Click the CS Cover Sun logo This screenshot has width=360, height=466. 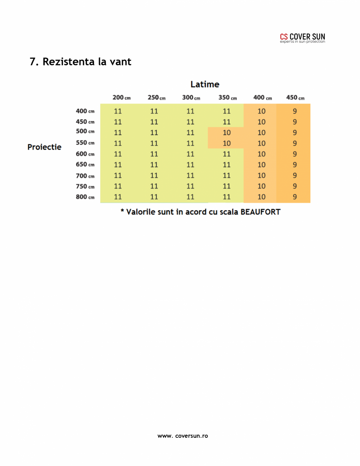[x=302, y=38]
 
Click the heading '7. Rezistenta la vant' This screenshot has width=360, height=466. [x=80, y=62]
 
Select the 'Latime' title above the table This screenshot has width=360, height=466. [x=204, y=84]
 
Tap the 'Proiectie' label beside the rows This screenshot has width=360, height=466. [x=44, y=147]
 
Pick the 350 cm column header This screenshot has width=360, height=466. [x=227, y=98]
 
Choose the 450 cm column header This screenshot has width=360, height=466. [x=295, y=98]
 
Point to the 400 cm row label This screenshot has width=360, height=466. [x=85, y=111]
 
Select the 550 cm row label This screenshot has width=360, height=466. [x=85, y=143]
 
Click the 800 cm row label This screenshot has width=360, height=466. [x=85, y=197]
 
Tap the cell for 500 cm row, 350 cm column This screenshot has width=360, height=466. [x=227, y=133]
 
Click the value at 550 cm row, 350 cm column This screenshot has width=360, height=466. [x=227, y=143]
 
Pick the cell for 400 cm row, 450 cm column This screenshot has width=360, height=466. [x=295, y=111]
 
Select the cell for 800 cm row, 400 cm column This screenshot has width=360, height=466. [x=261, y=197]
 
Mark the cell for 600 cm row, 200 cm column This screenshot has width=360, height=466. [x=118, y=154]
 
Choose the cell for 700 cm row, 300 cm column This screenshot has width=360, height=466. [x=190, y=175]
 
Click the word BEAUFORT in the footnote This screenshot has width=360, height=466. [x=260, y=212]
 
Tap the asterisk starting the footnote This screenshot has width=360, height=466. [x=122, y=211]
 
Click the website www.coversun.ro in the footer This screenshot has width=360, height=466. [x=183, y=436]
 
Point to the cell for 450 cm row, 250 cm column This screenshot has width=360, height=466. [x=154, y=122]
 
